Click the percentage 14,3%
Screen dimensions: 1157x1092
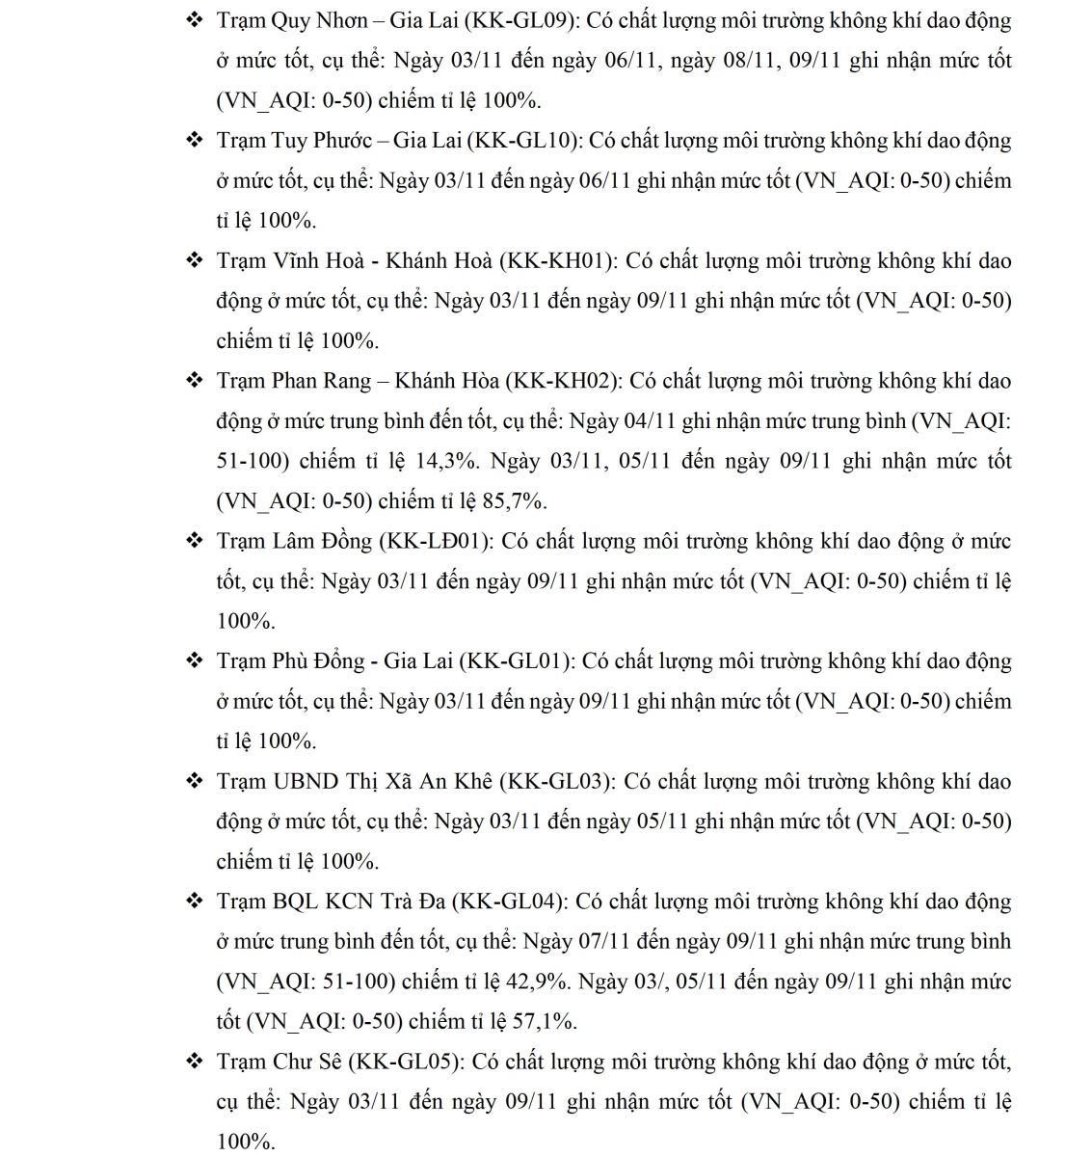pyautogui.click(x=446, y=461)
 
